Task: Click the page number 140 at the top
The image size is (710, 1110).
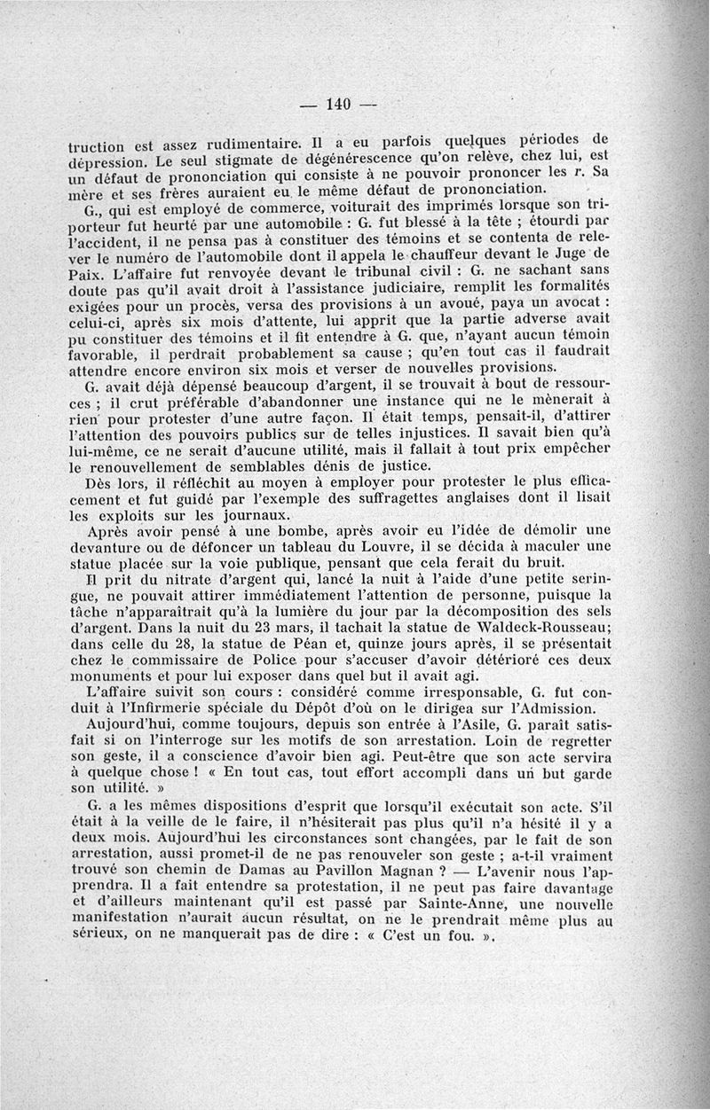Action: point(341,104)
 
